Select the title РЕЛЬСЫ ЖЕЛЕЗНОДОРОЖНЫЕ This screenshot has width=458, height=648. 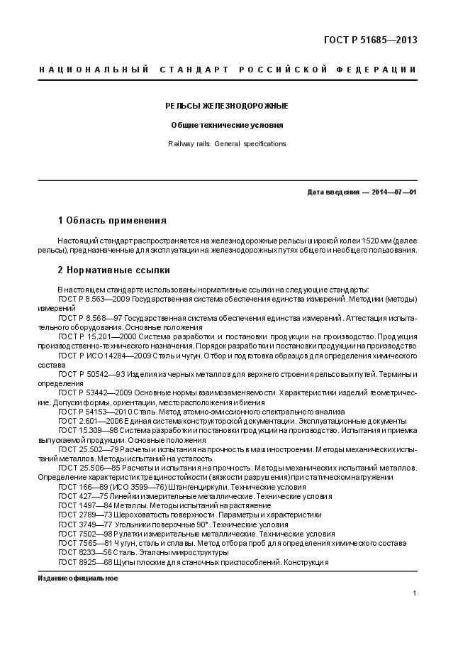tap(227, 106)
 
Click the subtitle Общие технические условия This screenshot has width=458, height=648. tap(227, 125)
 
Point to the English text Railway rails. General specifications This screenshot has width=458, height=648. tap(227, 143)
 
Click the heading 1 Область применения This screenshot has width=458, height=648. tap(111, 220)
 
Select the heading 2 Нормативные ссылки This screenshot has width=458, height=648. tap(113, 270)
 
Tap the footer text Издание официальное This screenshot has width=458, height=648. tap(78, 578)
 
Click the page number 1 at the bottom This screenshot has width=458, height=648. tap(414, 593)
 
